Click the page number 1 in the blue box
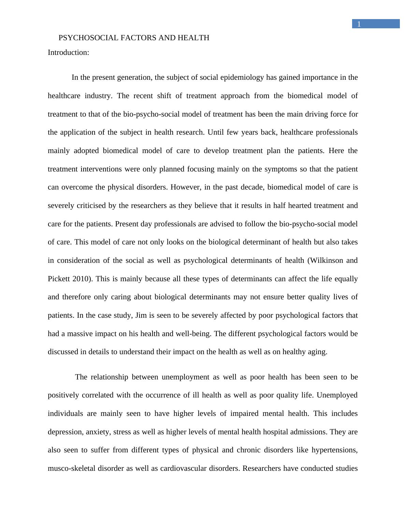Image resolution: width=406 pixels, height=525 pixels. pos(359,24)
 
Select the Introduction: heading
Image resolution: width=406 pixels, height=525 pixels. pos(68,52)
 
